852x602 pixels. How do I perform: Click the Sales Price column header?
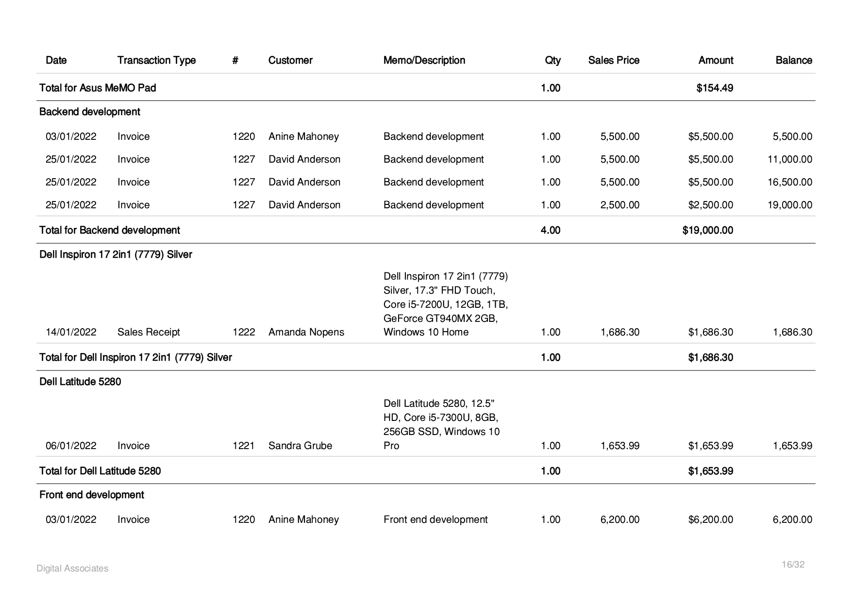tap(613, 60)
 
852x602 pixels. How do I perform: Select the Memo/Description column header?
tap(424, 60)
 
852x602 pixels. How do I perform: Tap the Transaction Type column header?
tap(156, 60)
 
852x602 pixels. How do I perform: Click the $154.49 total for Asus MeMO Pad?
tap(714, 88)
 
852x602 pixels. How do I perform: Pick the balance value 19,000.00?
tap(789, 205)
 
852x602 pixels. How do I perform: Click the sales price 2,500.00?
tap(619, 205)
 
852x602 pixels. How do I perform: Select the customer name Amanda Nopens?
tap(306, 332)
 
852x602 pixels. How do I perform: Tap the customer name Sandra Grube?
tap(300, 446)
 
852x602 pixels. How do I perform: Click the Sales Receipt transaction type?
tap(149, 332)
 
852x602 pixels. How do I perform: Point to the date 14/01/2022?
tap(71, 332)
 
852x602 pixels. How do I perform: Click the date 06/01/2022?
tap(71, 446)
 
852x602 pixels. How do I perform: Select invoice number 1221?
tap(243, 446)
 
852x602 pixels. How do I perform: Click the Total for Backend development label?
tap(109, 230)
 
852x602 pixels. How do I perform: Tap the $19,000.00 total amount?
tap(707, 230)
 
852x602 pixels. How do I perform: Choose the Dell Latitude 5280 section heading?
tap(80, 382)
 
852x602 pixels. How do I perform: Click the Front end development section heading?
tap(91, 495)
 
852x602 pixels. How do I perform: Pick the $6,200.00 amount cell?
tap(710, 519)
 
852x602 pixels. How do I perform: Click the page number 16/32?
tap(793, 565)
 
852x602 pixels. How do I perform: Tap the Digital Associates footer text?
tap(72, 569)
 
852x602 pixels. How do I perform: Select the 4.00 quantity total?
tap(550, 230)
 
